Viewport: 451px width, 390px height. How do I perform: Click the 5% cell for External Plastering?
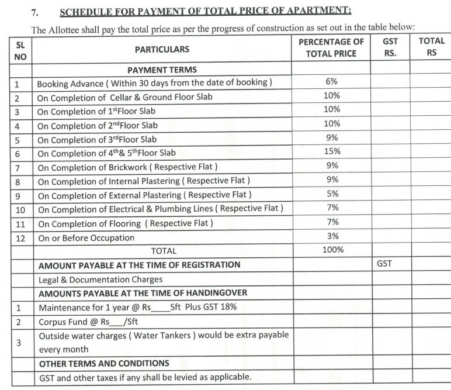[331, 194]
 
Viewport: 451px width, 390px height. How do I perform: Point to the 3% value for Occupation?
[331, 236]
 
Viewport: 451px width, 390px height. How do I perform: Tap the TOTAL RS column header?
[431, 47]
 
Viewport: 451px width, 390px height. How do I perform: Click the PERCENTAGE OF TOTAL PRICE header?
[331, 47]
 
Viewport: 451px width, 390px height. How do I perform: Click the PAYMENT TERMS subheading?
[162, 69]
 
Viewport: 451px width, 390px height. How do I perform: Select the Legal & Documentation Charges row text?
[100, 279]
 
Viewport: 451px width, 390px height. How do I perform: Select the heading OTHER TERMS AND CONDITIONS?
[103, 363]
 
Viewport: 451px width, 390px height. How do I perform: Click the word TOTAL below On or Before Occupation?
[164, 251]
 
